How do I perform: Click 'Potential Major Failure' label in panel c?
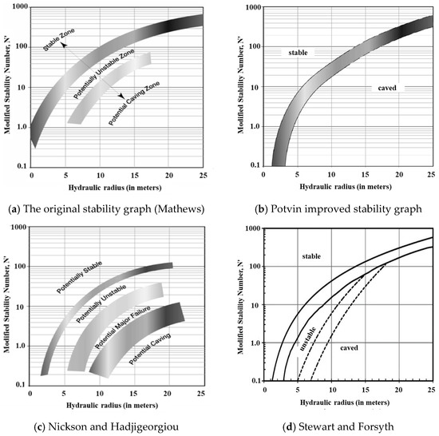[125, 328]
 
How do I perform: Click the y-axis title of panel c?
[6, 307]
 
